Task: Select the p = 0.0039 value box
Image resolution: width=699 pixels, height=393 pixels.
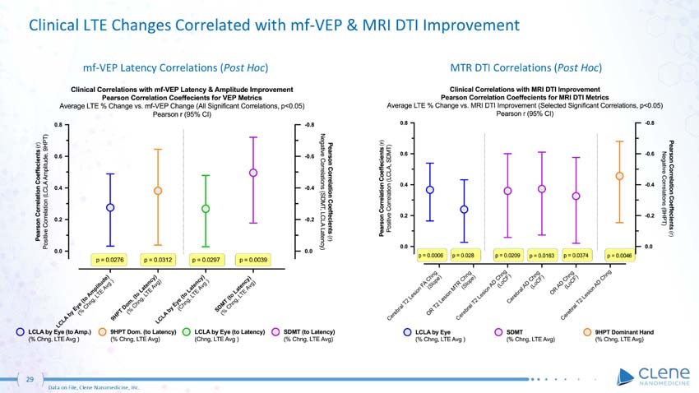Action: [x=254, y=260]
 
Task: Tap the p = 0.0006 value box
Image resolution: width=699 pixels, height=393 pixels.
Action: [x=431, y=257]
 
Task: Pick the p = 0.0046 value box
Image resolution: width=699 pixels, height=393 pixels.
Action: [x=620, y=257]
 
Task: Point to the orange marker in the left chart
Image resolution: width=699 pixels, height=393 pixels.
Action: [x=158, y=191]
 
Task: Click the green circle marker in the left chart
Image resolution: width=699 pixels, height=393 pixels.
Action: [x=206, y=209]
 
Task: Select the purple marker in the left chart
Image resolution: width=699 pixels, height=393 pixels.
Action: [x=253, y=173]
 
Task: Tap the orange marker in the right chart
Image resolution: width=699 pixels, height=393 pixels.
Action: [x=620, y=176]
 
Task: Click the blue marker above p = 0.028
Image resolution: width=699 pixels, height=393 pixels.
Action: [x=464, y=210]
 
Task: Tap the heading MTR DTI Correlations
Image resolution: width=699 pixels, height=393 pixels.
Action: [x=525, y=66]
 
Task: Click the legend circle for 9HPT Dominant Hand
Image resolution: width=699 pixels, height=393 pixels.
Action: [x=586, y=332]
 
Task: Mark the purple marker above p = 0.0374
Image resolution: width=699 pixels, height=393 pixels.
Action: [x=576, y=196]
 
